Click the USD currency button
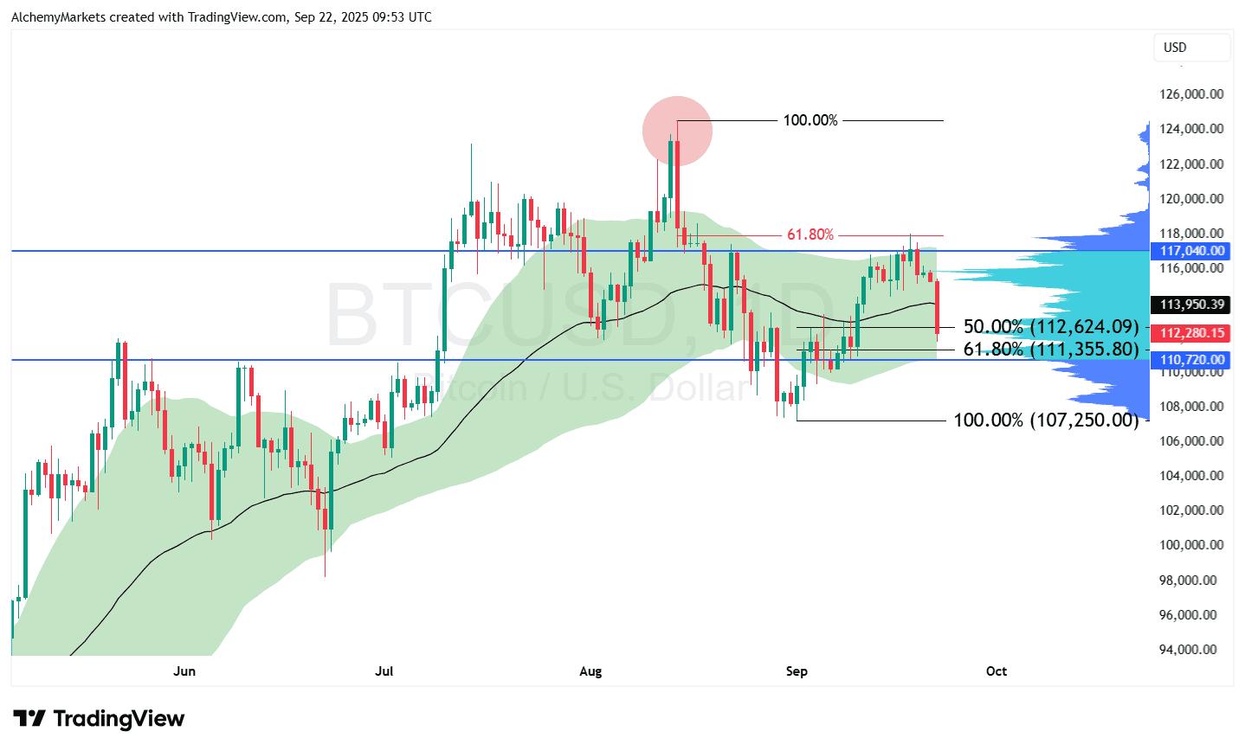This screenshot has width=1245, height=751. point(1191,48)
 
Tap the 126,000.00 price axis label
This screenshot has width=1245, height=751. point(1191,93)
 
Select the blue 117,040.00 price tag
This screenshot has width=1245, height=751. point(1191,251)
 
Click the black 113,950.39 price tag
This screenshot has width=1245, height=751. point(1191,305)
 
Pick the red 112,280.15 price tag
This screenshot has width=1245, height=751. point(1191,333)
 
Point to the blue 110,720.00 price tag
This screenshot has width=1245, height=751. point(1191,360)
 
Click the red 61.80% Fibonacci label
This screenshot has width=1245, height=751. point(810,234)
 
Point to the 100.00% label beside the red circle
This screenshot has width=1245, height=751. point(810,120)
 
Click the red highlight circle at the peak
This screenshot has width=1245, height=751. point(677,131)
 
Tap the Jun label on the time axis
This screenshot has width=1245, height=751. point(184,671)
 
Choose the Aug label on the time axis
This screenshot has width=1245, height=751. point(590,671)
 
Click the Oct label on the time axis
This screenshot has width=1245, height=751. point(997,671)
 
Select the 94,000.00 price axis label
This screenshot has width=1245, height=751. point(1191,650)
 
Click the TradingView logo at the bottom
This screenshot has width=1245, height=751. point(99,719)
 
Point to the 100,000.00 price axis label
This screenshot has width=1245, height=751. point(1191,545)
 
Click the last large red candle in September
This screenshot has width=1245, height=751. point(938,307)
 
